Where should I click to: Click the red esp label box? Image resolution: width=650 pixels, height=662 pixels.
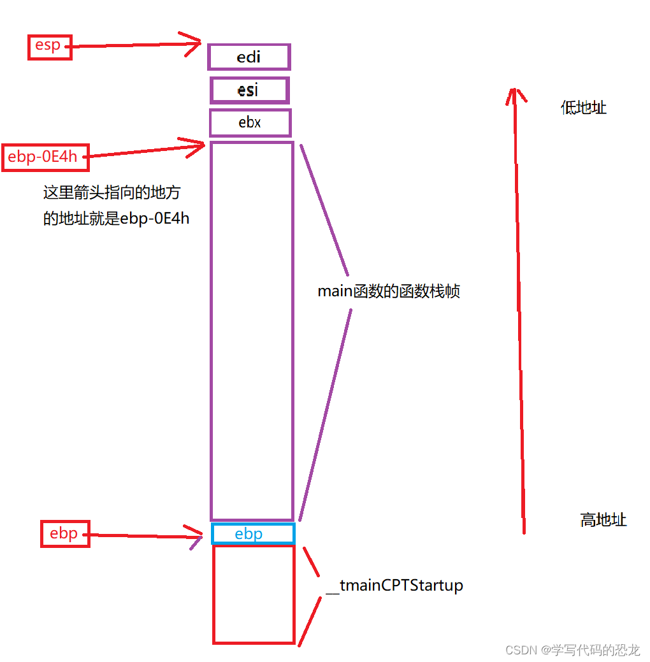pos(50,47)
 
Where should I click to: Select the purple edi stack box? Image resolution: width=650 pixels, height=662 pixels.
pos(249,57)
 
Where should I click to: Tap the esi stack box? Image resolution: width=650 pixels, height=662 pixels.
pos(249,90)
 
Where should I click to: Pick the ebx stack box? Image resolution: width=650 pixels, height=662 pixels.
pos(250,122)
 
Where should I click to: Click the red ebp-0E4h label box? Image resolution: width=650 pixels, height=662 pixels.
pos(45,157)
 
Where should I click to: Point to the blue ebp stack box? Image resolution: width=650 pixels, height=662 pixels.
pos(253,533)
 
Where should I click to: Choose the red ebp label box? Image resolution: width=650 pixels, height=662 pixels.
pos(65,533)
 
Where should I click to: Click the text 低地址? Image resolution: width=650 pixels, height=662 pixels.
pos(583,108)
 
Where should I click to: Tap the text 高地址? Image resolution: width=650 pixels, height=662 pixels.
pos(603,520)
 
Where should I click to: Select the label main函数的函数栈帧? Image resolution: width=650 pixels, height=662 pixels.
pos(389,292)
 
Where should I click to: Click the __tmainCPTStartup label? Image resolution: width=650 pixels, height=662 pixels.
pos(394,585)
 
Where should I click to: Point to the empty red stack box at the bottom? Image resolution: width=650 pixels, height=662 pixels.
pos(254,594)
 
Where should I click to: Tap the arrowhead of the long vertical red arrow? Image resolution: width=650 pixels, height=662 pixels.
pos(514,92)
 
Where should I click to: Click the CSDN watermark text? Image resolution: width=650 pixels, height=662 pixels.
pos(572,650)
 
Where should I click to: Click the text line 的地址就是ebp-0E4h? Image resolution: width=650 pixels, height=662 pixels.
pos(116,219)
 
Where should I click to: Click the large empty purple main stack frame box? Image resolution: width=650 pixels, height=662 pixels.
pos(252,331)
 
